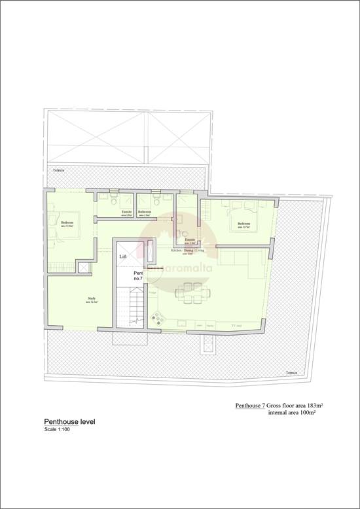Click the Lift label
tap(123, 257)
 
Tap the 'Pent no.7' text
tap(138, 275)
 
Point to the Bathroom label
tap(145, 212)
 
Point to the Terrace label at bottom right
tap(291, 372)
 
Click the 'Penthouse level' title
tap(69, 422)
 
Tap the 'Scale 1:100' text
tap(57, 430)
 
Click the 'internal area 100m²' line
tap(292, 413)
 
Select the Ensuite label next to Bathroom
tap(128, 212)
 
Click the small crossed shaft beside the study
tap(84, 266)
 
